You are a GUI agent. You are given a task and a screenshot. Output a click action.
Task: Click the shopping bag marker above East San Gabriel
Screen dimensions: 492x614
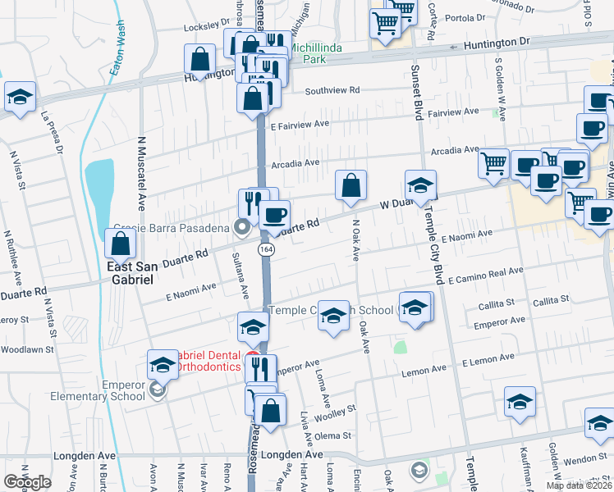tap(121, 244)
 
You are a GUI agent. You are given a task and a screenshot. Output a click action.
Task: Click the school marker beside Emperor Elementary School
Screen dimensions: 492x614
tap(163, 364)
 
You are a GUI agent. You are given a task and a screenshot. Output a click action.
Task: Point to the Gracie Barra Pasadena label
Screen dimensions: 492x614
tap(174, 227)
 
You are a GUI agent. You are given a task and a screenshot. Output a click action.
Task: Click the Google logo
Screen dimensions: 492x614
tap(27, 481)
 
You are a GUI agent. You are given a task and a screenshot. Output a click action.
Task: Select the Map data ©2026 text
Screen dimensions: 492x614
tap(580, 485)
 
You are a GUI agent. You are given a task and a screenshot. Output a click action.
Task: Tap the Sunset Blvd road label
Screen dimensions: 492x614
tap(416, 92)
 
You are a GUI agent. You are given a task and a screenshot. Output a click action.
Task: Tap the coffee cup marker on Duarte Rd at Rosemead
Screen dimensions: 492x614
tap(274, 215)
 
